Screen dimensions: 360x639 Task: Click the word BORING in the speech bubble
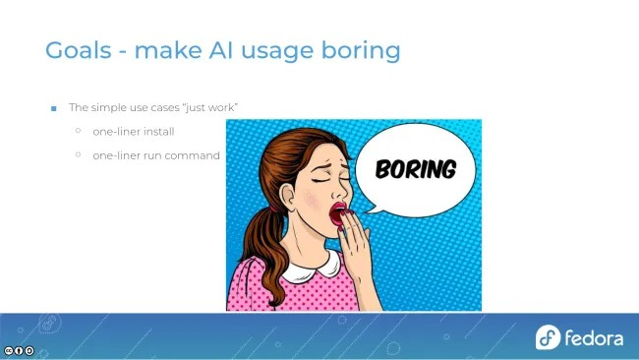[x=416, y=169]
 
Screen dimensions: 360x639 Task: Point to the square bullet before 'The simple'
[x=54, y=107]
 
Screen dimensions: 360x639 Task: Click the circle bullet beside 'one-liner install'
[x=78, y=131]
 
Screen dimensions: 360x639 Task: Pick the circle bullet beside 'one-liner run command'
[x=78, y=154]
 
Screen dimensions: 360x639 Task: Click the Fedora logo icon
[x=548, y=337]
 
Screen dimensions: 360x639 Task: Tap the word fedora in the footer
[x=594, y=338]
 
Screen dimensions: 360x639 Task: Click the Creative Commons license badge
[x=19, y=350]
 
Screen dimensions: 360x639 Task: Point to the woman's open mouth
[x=338, y=214]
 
